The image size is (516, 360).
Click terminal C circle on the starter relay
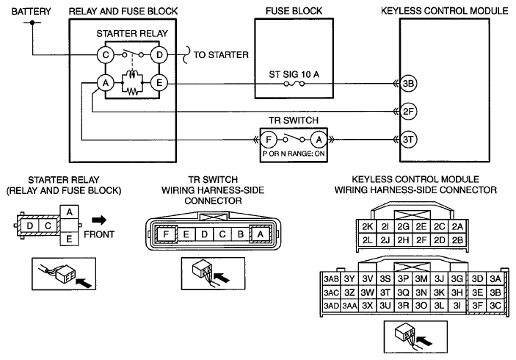coord(106,54)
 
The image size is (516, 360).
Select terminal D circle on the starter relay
coord(159,54)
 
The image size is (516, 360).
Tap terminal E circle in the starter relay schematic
coord(159,83)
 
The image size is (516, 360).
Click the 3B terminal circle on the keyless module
coord(408,83)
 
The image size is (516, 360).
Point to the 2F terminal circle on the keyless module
coord(408,112)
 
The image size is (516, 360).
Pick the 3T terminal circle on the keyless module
coord(408,140)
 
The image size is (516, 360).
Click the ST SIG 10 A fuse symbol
coord(294,84)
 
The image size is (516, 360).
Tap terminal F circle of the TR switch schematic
coord(269,140)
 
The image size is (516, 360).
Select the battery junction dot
coord(32,22)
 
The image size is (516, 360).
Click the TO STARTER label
coord(221,54)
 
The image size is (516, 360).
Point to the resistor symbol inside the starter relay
coord(132,92)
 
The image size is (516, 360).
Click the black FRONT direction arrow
coord(99,220)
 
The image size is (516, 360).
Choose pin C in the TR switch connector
coord(222,234)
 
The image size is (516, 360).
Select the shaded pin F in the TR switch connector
coord(167,234)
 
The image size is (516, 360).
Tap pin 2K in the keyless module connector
coord(367,226)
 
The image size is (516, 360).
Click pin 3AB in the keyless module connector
coord(331,279)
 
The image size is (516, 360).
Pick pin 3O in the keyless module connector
coord(421,306)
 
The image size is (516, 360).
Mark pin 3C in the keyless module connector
coord(495,306)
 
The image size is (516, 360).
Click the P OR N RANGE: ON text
coord(294,154)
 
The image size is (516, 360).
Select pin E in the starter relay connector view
coord(69,239)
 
